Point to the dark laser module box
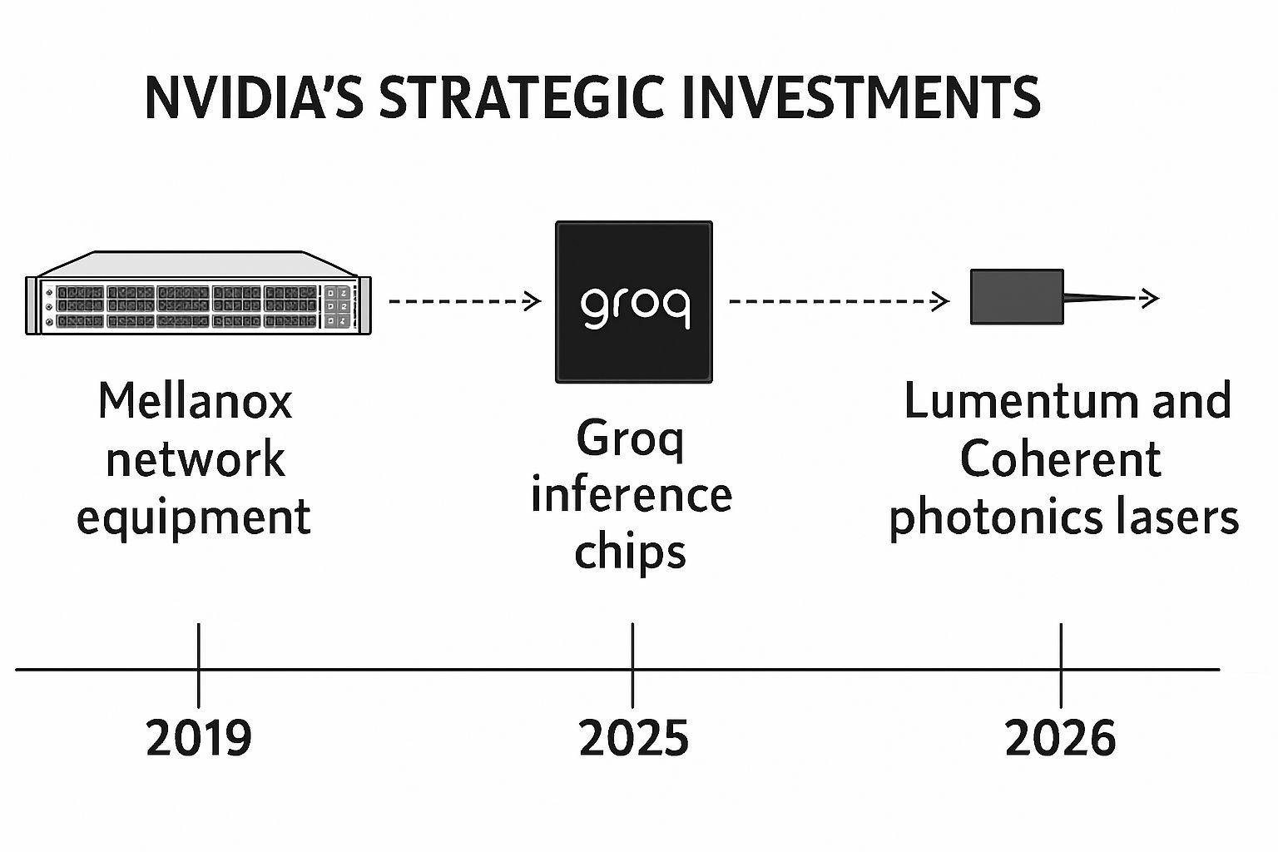coord(1017,297)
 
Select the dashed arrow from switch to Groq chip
coord(464,301)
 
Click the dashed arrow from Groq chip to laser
coord(839,301)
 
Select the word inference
coord(631,495)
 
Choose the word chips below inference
coord(630,552)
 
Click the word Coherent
coord(1060,459)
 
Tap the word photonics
coord(983,518)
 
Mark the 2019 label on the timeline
coord(198,738)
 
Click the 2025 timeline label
coord(633,738)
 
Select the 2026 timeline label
coord(1060,738)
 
